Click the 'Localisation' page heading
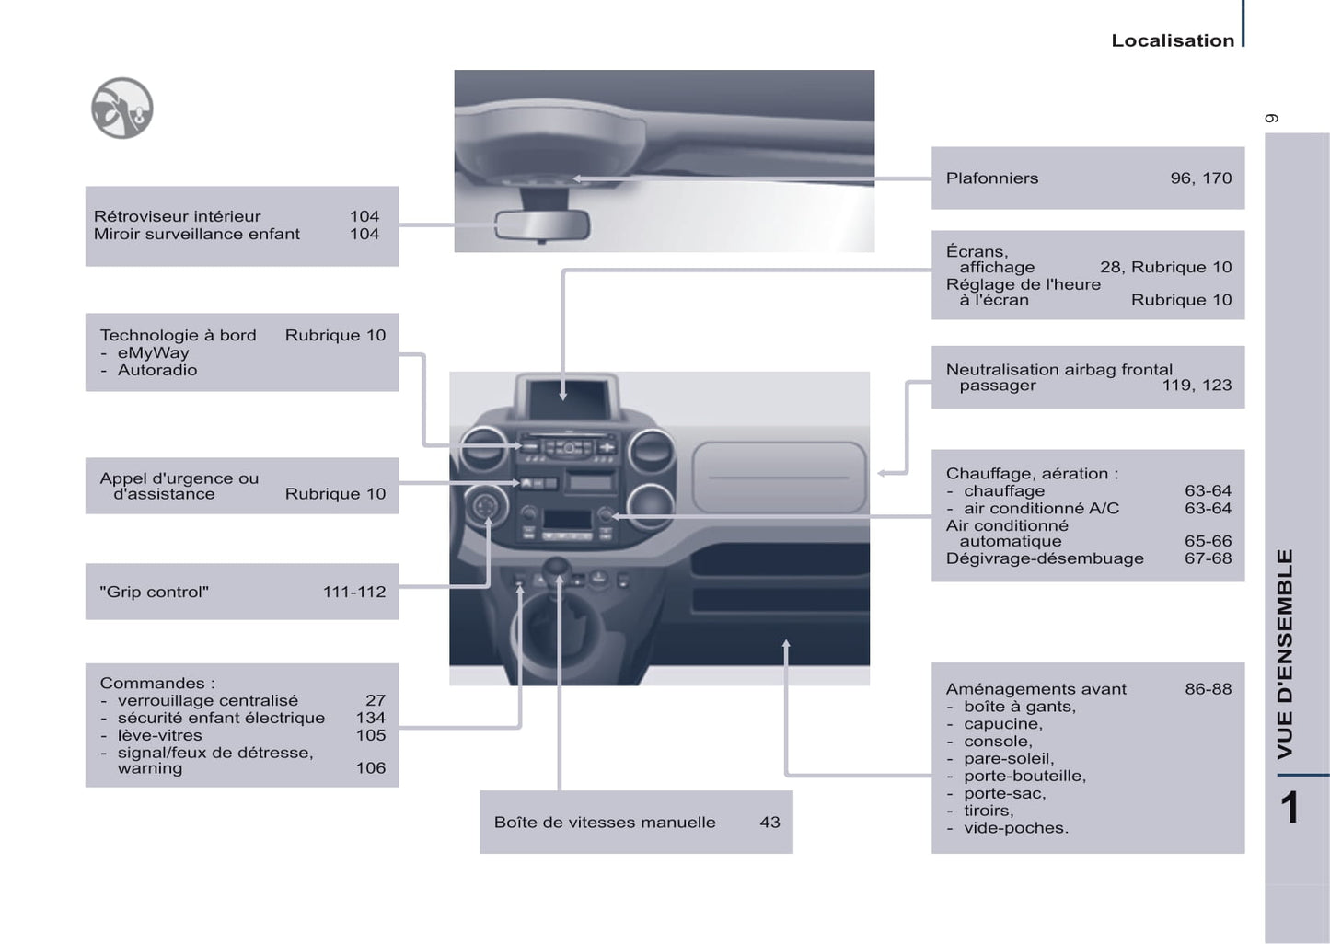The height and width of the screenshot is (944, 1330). (x=1172, y=40)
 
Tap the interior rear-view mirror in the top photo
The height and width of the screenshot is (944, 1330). (x=541, y=225)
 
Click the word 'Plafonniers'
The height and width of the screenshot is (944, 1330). (x=991, y=178)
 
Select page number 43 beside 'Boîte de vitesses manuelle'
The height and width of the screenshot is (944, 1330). (x=769, y=823)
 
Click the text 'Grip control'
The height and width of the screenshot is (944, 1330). (x=154, y=593)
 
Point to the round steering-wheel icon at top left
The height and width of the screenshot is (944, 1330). (x=122, y=109)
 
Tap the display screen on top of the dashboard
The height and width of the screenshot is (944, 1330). (x=566, y=397)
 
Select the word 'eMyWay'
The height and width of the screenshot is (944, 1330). (x=153, y=353)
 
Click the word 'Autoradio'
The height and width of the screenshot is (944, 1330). (x=156, y=371)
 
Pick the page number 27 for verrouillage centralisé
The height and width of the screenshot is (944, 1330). (x=375, y=701)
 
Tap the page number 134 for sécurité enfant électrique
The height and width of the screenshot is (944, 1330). (x=370, y=719)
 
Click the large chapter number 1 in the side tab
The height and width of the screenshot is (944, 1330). (x=1290, y=809)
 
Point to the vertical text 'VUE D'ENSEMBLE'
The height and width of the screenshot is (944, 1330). (x=1285, y=653)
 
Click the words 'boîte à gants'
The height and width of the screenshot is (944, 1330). (x=1019, y=707)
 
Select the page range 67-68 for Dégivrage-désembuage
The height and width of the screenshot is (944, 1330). (x=1208, y=558)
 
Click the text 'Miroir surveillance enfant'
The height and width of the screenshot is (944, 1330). (x=197, y=235)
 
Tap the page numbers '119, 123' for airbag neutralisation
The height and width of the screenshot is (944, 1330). (x=1197, y=386)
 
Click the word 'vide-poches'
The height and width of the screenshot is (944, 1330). (x=1015, y=828)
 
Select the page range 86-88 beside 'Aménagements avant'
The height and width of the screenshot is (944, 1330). (x=1208, y=689)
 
